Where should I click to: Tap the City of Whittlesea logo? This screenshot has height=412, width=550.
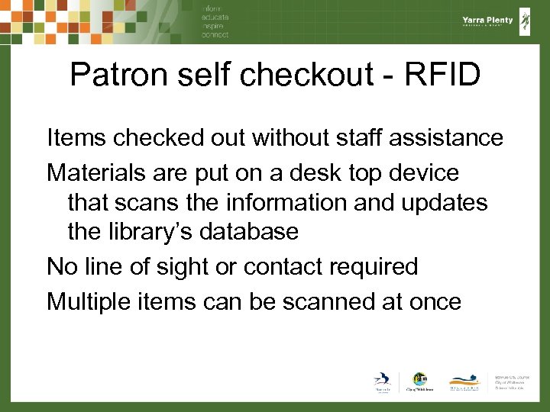(x=419, y=381)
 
